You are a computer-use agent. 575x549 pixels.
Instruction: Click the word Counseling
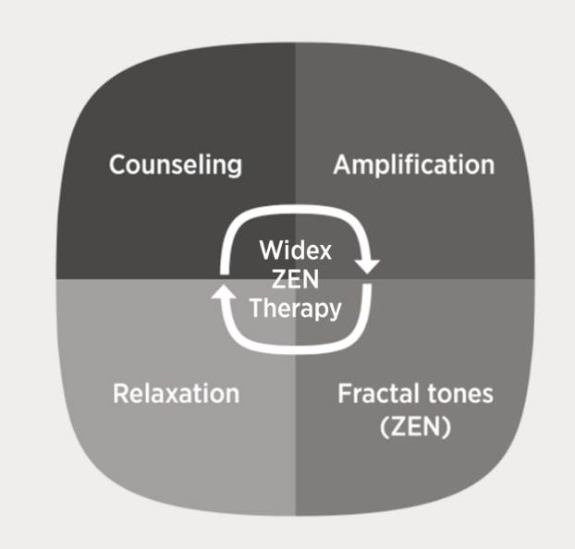pyautogui.click(x=176, y=165)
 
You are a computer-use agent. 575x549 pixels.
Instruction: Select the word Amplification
pyautogui.click(x=413, y=165)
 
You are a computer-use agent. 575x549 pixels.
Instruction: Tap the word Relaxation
pyautogui.click(x=176, y=394)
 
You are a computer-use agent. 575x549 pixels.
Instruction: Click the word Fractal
pyautogui.click(x=378, y=394)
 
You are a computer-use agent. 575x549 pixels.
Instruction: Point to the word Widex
pyautogui.click(x=295, y=250)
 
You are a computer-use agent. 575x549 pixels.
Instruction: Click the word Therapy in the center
pyautogui.click(x=296, y=309)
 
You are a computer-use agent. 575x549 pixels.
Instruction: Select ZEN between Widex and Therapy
pyautogui.click(x=295, y=279)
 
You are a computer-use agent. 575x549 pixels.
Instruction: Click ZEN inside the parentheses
pyautogui.click(x=415, y=426)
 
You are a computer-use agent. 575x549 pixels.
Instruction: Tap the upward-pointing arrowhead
pyautogui.click(x=224, y=291)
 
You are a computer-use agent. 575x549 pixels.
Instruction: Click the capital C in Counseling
pyautogui.click(x=119, y=165)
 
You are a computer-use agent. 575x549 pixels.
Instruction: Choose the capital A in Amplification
pyautogui.click(x=344, y=164)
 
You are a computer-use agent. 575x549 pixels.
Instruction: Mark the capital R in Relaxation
pyautogui.click(x=122, y=394)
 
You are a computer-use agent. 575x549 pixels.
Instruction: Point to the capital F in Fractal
pyautogui.click(x=346, y=394)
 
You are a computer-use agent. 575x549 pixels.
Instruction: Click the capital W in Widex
pyautogui.click(x=273, y=250)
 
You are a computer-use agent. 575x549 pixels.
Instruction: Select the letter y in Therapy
pyautogui.click(x=335, y=312)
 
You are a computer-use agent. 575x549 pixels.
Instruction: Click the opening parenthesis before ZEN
pyautogui.click(x=385, y=427)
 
